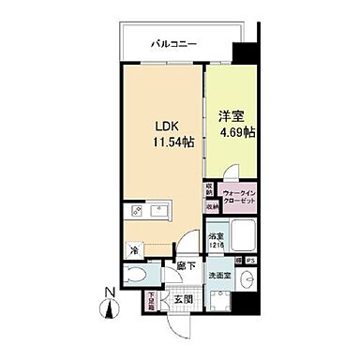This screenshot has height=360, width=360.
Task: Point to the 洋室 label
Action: [231, 115]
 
